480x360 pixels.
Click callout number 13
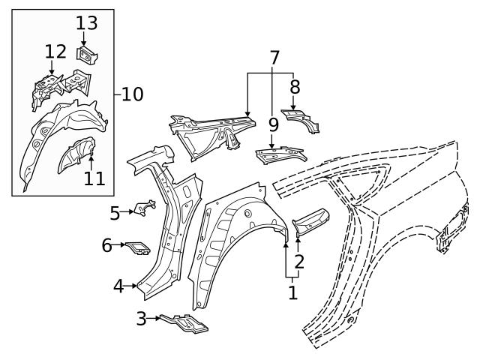click(86, 23)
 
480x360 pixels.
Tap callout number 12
click(55, 52)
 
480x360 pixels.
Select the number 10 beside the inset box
click(131, 94)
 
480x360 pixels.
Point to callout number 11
click(94, 178)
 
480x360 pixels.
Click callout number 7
click(274, 57)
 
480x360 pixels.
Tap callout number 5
click(115, 213)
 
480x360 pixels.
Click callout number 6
click(107, 244)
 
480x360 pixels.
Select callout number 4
click(118, 286)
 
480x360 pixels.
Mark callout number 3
click(141, 319)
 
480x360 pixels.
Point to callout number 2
click(298, 262)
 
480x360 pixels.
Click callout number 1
click(292, 292)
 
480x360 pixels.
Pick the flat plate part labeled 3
click(184, 322)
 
